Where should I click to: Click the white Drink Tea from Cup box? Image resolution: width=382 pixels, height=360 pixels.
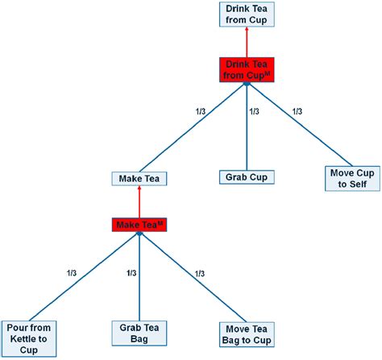pos(247,14)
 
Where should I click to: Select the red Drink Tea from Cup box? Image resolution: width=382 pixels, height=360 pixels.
pos(247,69)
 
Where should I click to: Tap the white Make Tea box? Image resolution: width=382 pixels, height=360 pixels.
pos(139,179)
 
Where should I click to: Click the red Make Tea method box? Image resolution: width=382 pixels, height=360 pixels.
pos(139,225)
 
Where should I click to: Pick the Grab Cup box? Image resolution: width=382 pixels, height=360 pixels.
pos(247,177)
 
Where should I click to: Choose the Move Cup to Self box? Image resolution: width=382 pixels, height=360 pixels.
pos(352,179)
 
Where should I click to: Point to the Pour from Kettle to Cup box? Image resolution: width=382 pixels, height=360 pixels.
pos(29,339)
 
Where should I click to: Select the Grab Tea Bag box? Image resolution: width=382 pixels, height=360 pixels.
pos(139,333)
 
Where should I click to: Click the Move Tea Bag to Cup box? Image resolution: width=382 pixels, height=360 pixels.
pos(247,335)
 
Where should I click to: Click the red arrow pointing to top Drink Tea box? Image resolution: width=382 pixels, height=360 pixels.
pos(247,42)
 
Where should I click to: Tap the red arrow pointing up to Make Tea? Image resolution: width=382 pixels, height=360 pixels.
pos(139,201)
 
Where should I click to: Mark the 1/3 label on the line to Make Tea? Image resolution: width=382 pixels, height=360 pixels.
pos(201,111)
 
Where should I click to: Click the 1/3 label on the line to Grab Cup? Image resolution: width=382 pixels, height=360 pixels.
pos(254,111)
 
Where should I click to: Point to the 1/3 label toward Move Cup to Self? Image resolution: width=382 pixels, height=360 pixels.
pos(297,111)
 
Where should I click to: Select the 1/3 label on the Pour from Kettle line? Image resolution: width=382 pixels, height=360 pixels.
pos(72,273)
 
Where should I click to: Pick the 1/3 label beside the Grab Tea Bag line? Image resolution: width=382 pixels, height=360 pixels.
pos(131,273)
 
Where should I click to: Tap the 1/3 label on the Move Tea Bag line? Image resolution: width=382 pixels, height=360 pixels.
pos(200,274)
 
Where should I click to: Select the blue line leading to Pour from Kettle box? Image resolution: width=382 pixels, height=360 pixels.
pos(84,278)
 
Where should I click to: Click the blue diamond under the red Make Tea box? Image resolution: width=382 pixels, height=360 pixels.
pos(139,234)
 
